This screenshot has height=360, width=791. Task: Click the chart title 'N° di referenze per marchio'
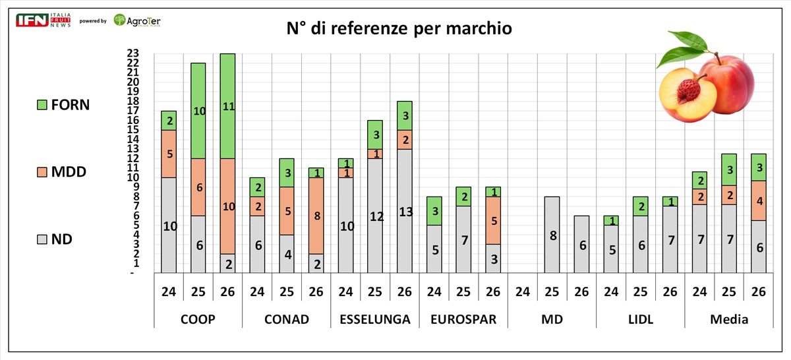coord(399,28)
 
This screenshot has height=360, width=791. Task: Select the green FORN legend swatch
coord(42,105)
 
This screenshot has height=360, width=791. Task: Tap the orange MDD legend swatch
coord(42,172)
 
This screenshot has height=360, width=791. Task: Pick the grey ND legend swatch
coord(42,239)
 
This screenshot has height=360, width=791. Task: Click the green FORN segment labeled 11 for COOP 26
coord(228,106)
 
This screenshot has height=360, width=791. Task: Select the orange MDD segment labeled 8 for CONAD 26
coord(316,216)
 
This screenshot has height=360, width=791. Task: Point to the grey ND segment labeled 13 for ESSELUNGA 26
coord(405,211)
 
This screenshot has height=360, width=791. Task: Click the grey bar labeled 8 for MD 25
coord(552,235)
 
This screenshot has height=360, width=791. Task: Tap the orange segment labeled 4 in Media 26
coord(759,200)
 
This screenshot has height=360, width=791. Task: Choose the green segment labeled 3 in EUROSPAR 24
coord(434,211)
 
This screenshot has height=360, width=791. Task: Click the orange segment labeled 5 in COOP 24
coord(169,154)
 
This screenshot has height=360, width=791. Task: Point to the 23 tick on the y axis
coord(133,53)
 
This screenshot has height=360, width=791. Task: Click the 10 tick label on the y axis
coord(133,177)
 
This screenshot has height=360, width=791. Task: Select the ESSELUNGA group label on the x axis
coord(375,319)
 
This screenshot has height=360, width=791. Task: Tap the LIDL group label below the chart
coord(641,319)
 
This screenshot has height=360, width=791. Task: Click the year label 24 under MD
coord(523,292)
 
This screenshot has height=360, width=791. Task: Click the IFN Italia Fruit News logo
coord(43,20)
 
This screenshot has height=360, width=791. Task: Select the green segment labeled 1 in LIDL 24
coord(611,220)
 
